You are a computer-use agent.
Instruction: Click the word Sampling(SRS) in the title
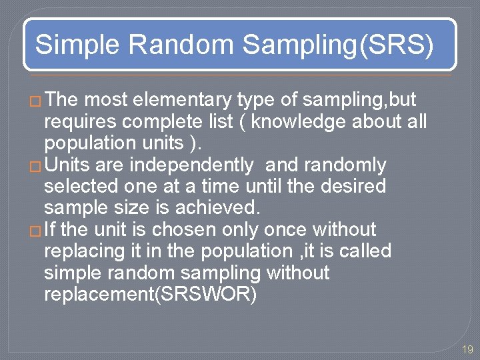coord(338,45)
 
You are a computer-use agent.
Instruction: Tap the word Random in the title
coord(181,45)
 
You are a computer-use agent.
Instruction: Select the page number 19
coord(467,349)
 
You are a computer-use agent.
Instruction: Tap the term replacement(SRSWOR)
coord(150,294)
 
